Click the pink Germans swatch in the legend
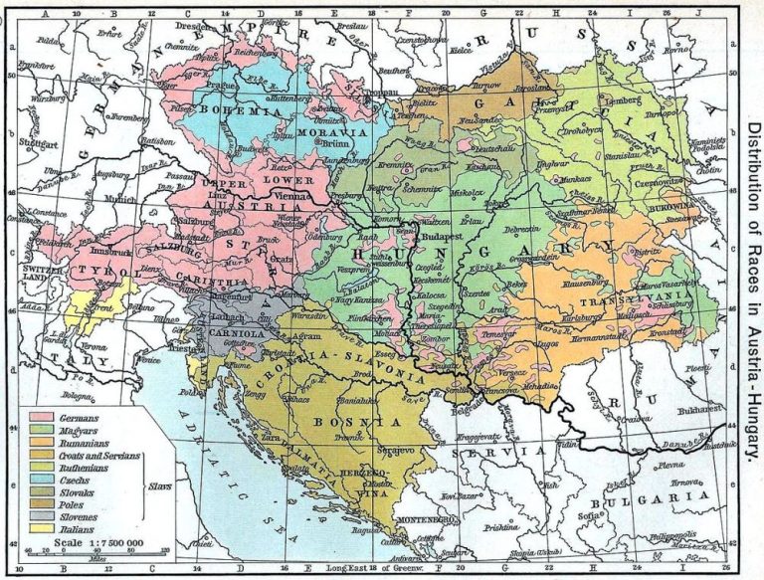point(45,418)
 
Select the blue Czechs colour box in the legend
point(45,480)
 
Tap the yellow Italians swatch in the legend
point(45,530)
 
